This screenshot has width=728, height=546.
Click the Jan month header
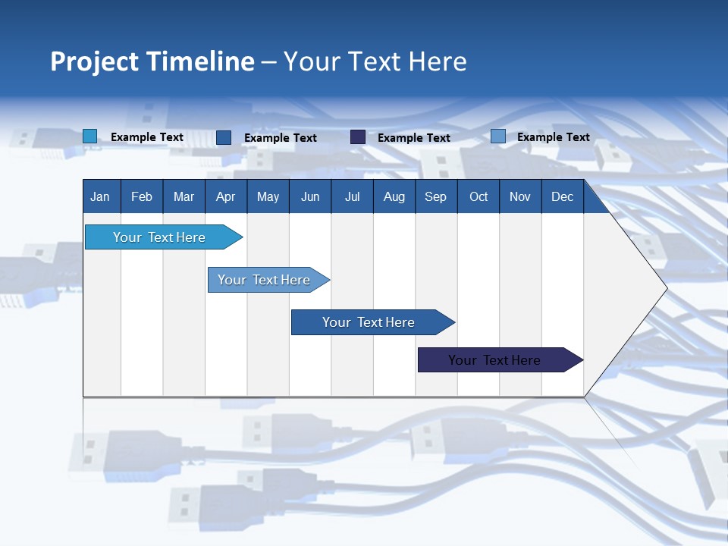point(100,196)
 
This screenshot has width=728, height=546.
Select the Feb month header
point(142,196)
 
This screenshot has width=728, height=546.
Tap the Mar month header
point(184,196)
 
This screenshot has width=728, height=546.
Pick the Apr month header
point(225,196)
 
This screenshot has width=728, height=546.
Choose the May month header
point(268,196)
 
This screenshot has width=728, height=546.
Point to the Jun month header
point(310,196)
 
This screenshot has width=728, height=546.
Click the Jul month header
point(352,196)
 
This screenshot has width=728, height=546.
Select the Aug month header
point(394,196)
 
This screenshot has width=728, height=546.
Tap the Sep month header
point(435,196)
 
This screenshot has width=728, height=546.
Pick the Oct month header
point(479,196)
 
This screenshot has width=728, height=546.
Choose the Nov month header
point(520,196)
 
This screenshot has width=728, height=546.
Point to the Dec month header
point(563,196)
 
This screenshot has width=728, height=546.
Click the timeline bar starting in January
point(159,237)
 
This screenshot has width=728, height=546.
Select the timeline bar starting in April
point(264,280)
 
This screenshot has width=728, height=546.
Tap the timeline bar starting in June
point(369,322)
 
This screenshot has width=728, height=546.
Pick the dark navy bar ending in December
point(494,360)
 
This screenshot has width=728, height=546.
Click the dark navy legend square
point(358,137)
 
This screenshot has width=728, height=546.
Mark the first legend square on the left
point(90,136)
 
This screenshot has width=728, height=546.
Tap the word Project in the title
point(93,61)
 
